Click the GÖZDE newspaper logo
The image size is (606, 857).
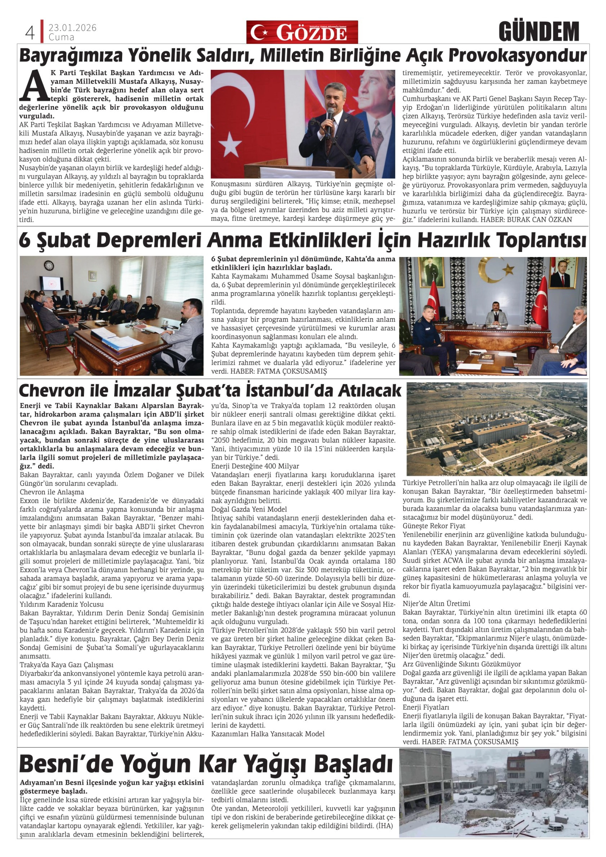tap(302, 33)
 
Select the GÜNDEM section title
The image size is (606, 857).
tap(538, 32)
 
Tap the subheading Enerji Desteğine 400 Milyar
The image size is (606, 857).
tap(255, 466)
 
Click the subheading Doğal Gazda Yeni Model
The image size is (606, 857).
tap(249, 509)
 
